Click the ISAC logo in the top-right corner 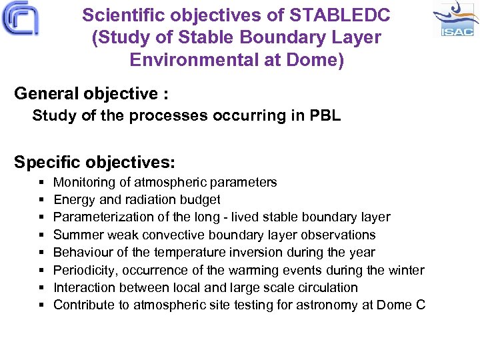455,19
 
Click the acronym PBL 325,116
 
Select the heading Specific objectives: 95,162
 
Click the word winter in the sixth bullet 406,270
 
